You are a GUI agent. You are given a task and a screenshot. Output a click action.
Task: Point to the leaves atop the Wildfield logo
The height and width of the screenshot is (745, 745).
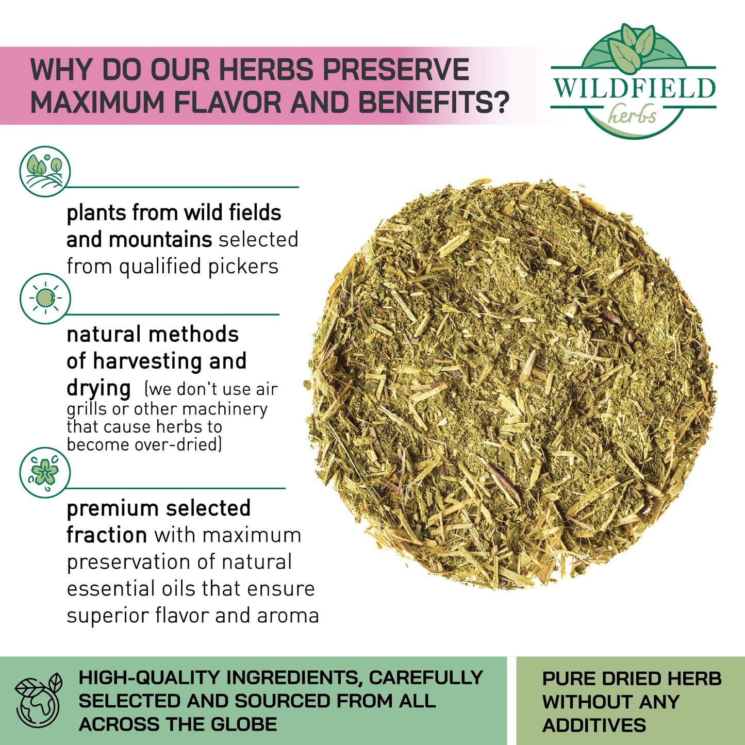[x=631, y=47]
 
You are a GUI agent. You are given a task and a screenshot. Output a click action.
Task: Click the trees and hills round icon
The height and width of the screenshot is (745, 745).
[x=45, y=171]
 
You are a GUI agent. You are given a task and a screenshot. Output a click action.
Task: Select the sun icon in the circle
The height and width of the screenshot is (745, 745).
[x=45, y=299]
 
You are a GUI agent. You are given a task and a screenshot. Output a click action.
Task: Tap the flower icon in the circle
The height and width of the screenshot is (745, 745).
[x=45, y=472]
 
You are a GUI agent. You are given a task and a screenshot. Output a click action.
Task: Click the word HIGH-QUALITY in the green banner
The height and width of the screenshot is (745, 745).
[x=150, y=677]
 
